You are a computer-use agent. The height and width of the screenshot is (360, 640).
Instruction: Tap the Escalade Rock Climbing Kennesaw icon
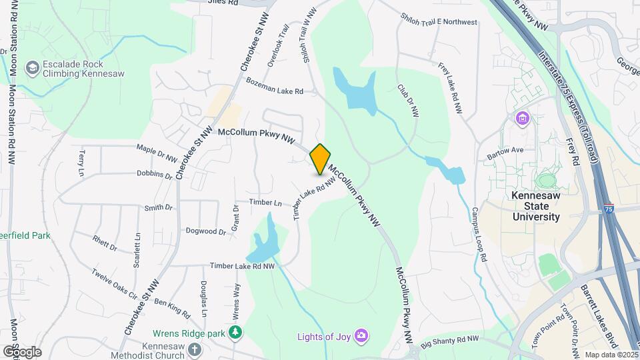point(32,68)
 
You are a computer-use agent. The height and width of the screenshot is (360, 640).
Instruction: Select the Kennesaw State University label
point(535,206)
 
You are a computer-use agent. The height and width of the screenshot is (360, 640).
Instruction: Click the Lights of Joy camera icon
point(361,335)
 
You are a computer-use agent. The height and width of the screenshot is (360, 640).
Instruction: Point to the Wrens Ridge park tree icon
point(235,332)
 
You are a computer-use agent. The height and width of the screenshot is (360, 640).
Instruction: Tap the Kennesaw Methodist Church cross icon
point(194,349)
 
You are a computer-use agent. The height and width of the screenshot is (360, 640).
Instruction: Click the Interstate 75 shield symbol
point(609,208)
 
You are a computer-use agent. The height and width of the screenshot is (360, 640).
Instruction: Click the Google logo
point(21,351)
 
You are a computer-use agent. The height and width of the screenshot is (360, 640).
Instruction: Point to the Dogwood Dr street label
point(206,231)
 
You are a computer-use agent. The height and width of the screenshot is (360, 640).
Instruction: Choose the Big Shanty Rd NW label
point(450,340)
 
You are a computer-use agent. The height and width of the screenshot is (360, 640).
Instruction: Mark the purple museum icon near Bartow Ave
point(522,119)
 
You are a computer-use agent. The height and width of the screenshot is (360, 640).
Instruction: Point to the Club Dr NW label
point(407,101)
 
